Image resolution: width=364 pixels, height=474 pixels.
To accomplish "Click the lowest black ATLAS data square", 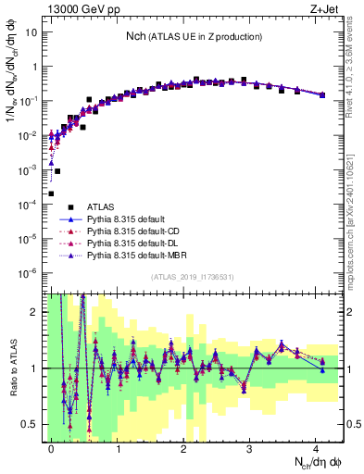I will (x=51, y=193).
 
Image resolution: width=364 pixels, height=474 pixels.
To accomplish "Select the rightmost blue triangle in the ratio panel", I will (x=322, y=369).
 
